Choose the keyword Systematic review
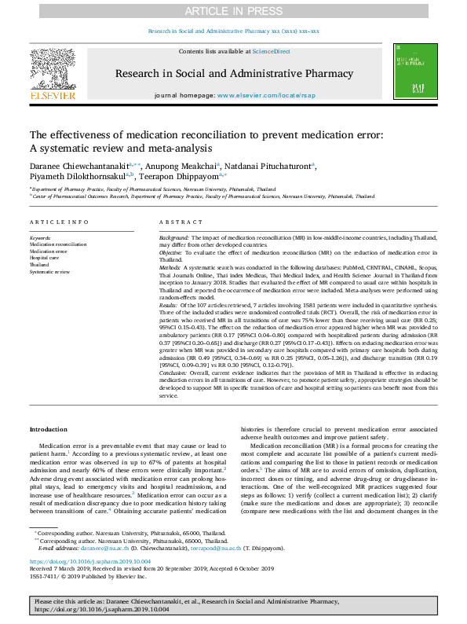point(49,271)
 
